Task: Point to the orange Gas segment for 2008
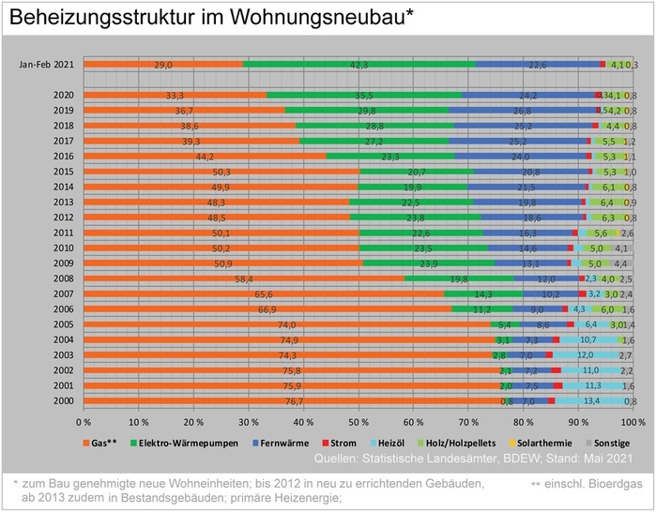click(244, 279)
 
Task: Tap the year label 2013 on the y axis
click(64, 203)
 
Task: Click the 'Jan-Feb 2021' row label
click(47, 65)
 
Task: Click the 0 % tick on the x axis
click(84, 424)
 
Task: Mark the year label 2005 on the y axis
click(64, 324)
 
